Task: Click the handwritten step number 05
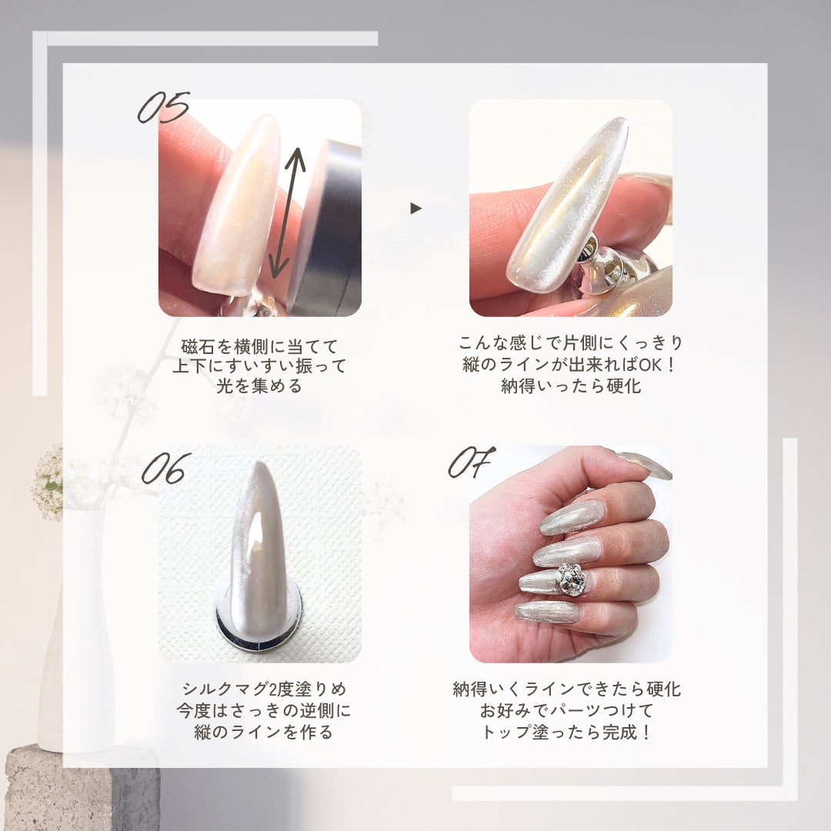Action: click(x=163, y=108)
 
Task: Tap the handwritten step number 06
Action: click(x=166, y=469)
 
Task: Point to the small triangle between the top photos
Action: click(x=415, y=208)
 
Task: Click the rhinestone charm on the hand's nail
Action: click(x=570, y=579)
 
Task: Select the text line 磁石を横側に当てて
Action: click(x=259, y=346)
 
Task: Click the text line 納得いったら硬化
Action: click(x=570, y=385)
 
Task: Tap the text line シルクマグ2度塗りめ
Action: click(x=259, y=689)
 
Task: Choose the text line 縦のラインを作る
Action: click(x=259, y=732)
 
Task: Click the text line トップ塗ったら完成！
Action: click(x=567, y=732)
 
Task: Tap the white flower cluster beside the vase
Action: click(x=48, y=481)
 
